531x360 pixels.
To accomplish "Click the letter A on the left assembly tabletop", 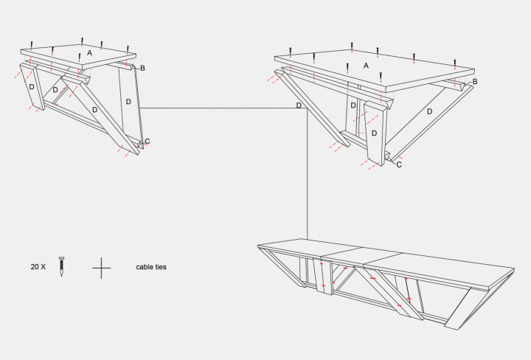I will pyautogui.click(x=89, y=53).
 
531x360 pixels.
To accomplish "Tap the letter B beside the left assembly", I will pyautogui.click(x=142, y=69).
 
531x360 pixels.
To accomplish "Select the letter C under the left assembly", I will pyautogui.click(x=147, y=141).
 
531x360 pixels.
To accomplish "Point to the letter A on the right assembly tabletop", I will pyautogui.click(x=365, y=66).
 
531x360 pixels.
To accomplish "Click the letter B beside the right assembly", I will pyautogui.click(x=475, y=81).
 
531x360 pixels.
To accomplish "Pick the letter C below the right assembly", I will pyautogui.click(x=399, y=165).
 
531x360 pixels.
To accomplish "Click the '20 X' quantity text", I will pyautogui.click(x=38, y=266).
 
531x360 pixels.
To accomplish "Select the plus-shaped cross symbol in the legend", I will pyautogui.click(x=102, y=267).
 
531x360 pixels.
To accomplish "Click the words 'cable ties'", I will pyautogui.click(x=151, y=266).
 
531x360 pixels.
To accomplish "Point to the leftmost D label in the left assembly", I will pyautogui.click(x=31, y=87).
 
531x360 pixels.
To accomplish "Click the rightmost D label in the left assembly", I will pyautogui.click(x=128, y=100).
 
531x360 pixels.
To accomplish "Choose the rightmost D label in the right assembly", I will pyautogui.click(x=428, y=112).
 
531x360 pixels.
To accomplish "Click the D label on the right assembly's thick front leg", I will pyautogui.click(x=374, y=134).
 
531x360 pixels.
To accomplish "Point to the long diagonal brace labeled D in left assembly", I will pyautogui.click(x=95, y=109).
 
